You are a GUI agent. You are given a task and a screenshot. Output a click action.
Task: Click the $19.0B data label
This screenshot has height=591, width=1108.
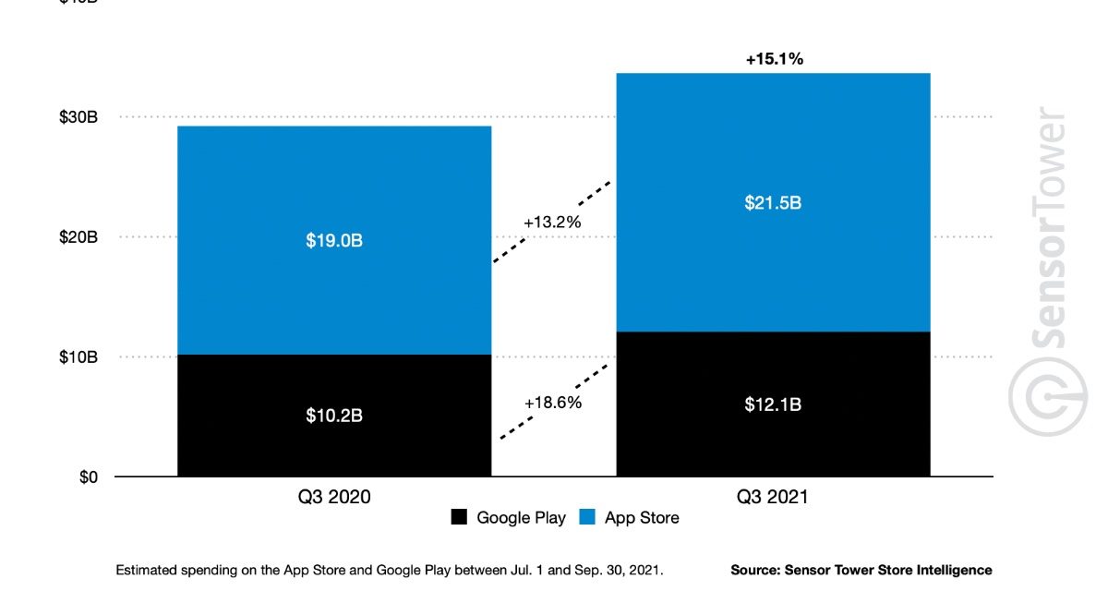[x=334, y=240]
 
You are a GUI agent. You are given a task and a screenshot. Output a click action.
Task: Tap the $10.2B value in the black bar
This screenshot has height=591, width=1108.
[x=334, y=416]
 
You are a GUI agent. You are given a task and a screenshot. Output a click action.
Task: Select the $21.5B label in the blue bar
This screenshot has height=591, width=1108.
[x=773, y=203]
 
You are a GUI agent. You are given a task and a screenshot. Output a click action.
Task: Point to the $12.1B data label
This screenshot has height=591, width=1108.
[x=773, y=404]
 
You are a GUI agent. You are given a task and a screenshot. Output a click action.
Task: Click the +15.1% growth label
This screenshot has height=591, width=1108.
[x=774, y=59]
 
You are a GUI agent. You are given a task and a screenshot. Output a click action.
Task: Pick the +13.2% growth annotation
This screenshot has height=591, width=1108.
[x=553, y=223]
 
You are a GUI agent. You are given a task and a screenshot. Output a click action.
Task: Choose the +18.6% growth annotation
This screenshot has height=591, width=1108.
[x=553, y=403]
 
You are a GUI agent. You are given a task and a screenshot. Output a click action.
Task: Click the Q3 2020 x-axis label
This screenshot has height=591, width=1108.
[x=333, y=498]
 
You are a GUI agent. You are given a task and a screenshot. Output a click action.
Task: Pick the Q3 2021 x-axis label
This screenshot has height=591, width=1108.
[x=772, y=498]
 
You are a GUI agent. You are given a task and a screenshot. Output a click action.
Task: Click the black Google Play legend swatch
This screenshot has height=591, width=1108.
[x=460, y=518]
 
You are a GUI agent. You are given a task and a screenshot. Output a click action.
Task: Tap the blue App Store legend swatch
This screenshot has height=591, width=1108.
[x=587, y=518]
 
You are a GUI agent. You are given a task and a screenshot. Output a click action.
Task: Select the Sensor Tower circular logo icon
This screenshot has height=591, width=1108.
[x=1046, y=397]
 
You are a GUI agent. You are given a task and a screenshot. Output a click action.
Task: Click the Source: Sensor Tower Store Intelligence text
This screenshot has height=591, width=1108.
[x=861, y=570]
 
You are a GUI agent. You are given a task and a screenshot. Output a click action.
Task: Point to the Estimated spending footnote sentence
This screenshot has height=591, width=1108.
[x=390, y=570]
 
